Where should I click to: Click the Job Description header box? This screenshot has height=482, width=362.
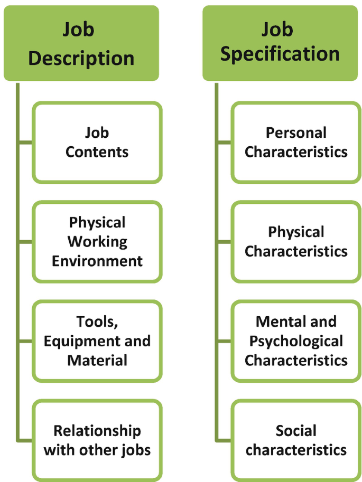tap(81, 43)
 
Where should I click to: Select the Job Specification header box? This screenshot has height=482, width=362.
tap(280, 43)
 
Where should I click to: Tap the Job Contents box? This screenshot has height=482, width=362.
tap(97, 143)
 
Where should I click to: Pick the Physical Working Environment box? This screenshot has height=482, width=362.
tap(97, 241)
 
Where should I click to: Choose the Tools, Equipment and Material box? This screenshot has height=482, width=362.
tap(97, 341)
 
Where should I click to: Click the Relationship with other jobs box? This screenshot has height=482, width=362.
tap(97, 440)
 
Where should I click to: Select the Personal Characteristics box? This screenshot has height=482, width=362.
tap(296, 143)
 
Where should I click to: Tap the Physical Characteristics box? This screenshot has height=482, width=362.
tap(296, 241)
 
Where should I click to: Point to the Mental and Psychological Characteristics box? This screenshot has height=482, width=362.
tap(296, 341)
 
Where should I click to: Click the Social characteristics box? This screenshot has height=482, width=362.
tap(296, 440)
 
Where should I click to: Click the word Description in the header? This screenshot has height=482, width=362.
tap(81, 58)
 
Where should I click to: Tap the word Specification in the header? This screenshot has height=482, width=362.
tap(280, 55)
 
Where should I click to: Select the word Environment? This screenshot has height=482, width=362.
tap(97, 261)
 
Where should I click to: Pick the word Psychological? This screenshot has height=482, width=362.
tap(296, 341)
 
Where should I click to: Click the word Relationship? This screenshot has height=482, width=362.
tap(97, 431)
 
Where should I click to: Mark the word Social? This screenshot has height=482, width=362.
tap(296, 431)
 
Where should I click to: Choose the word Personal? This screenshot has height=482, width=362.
tap(296, 133)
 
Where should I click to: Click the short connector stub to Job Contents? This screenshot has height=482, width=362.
tap(25, 142)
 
